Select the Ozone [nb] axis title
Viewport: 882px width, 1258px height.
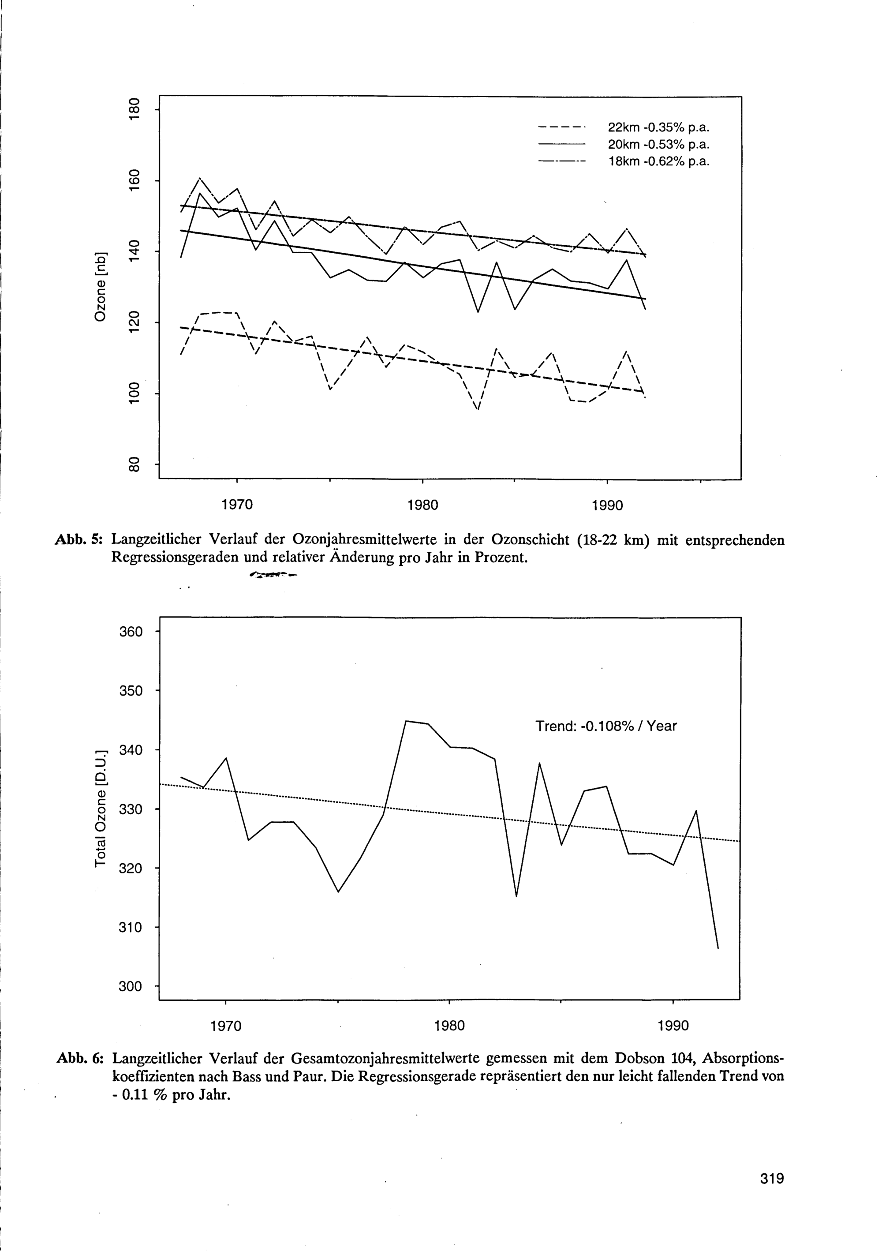coord(100,287)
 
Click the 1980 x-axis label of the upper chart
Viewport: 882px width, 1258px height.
coord(423,505)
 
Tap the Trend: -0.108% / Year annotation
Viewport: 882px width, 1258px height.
coord(606,726)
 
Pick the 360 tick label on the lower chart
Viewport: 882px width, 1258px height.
coord(131,631)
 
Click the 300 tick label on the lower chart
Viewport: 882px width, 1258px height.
coord(131,986)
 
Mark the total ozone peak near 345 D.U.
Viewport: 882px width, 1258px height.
coord(406,721)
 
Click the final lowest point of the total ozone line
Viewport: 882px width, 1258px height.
coord(718,948)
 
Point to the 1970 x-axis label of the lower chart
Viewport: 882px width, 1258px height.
coord(226,1026)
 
